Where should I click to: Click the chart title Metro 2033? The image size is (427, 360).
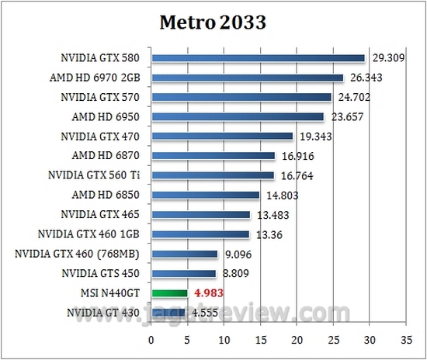213,22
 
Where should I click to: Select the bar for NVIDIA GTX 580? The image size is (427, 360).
258,57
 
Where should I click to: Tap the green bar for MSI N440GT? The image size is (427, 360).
170,293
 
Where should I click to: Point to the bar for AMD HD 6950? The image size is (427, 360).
238,116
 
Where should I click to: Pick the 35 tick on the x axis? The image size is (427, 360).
406,339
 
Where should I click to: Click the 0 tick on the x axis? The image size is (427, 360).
152,339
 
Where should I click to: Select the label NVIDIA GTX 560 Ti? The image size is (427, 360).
98,175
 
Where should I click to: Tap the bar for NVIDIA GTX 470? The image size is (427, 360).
222,136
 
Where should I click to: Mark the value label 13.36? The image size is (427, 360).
269,234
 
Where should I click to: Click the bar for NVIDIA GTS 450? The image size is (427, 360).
184,273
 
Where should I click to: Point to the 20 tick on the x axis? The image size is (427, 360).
297,339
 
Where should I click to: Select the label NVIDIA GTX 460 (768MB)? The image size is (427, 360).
87,254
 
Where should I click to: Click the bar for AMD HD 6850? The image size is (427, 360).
206,195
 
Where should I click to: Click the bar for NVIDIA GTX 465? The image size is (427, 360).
201,214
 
